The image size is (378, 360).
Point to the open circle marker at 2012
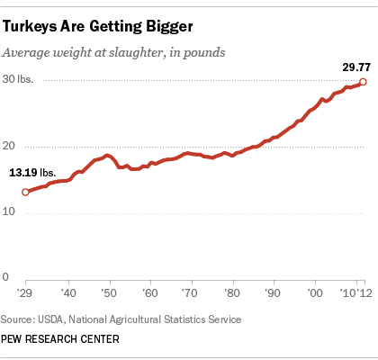point(363,82)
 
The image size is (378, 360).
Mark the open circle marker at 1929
point(25,191)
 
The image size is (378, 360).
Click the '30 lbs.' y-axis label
point(17,81)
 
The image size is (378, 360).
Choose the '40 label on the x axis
point(67,293)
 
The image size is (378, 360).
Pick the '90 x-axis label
point(273,293)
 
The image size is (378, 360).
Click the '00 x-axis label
point(314,293)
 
